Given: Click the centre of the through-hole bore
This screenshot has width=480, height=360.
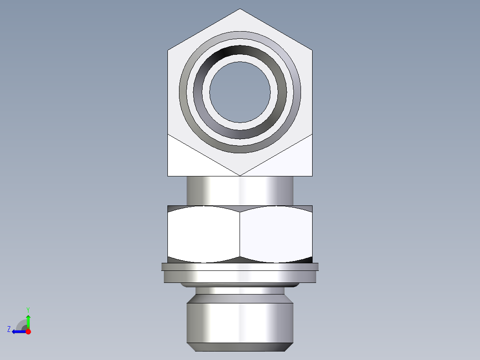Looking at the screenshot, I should point(240,92).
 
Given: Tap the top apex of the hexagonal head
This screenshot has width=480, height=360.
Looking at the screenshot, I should point(240,9).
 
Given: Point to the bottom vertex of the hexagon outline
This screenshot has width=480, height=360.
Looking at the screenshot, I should point(240,175).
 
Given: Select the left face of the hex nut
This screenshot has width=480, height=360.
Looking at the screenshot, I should point(203,234).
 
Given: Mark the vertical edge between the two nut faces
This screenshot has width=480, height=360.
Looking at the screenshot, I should point(240,234).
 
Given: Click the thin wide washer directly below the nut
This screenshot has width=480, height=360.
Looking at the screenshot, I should point(240,267).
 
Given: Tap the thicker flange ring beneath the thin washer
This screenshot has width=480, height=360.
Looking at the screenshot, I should point(240,277).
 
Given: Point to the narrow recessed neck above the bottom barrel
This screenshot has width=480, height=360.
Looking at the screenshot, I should point(240,290).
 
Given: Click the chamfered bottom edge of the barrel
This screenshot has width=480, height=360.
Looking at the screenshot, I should point(240,347).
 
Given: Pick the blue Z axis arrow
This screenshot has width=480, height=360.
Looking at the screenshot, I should point(18,331).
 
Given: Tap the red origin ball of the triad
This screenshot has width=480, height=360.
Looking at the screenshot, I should point(28,331).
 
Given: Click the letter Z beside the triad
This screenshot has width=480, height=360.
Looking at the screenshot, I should point(9,329).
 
